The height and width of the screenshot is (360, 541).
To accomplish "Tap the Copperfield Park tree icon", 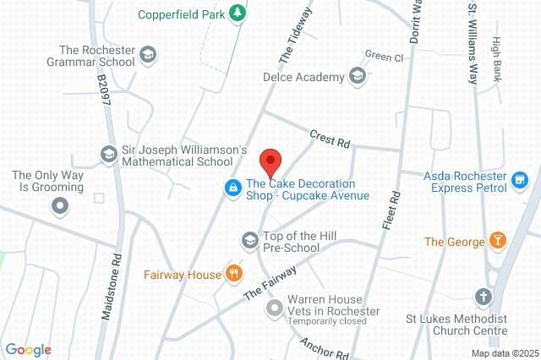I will [x=239, y=13].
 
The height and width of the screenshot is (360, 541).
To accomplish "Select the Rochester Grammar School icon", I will [x=149, y=54].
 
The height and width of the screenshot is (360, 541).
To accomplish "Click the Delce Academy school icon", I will [x=358, y=78].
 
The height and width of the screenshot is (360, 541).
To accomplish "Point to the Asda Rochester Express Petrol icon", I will [x=520, y=179].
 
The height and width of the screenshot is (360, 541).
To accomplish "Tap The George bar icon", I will [x=499, y=242].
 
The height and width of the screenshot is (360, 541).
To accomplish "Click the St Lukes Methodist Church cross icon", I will [x=483, y=297].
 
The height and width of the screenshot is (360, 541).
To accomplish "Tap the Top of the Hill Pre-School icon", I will [x=249, y=241].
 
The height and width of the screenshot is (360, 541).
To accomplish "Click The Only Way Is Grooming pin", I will [x=59, y=205].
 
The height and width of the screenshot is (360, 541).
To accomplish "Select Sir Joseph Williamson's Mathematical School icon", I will [x=108, y=155].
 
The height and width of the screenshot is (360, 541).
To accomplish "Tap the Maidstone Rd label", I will [x=111, y=288].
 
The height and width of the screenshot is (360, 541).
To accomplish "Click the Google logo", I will [x=28, y=349].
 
